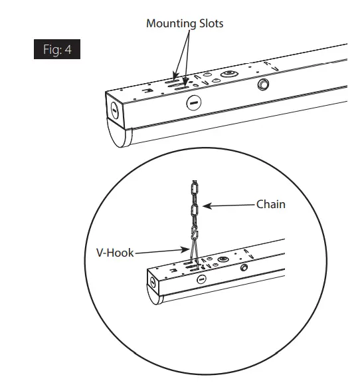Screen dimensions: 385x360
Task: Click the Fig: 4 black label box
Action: (x=57, y=50)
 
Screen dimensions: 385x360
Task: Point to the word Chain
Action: (x=271, y=204)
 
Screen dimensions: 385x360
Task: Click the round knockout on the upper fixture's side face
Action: (x=193, y=102)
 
